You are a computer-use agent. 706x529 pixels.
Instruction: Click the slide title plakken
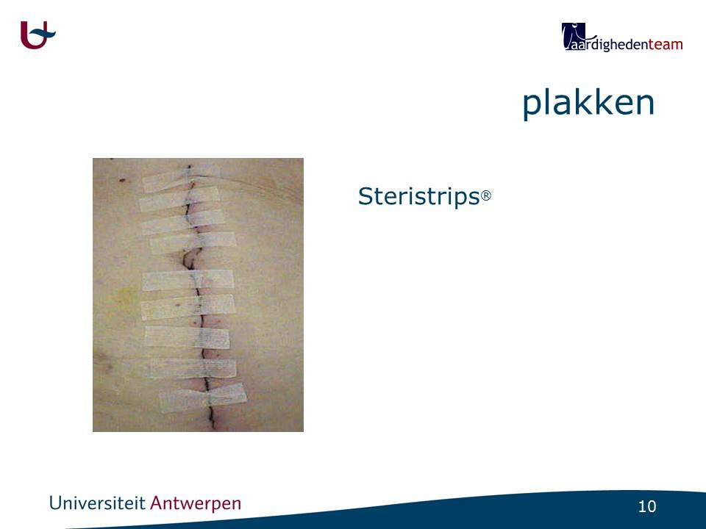(x=588, y=104)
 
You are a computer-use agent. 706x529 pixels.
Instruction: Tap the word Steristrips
(x=418, y=197)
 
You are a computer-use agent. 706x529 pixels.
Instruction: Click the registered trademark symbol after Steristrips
(x=486, y=195)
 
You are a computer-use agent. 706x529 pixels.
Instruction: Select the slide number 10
(x=647, y=506)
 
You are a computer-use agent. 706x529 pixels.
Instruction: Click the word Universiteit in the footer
(x=97, y=503)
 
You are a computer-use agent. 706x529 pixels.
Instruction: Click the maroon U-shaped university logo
(x=37, y=35)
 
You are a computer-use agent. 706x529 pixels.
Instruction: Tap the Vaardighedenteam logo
(x=622, y=37)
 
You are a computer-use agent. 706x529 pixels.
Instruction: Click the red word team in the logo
(x=666, y=45)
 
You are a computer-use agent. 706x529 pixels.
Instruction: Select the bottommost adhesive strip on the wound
(x=203, y=398)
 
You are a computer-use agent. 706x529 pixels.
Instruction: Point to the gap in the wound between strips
(x=191, y=259)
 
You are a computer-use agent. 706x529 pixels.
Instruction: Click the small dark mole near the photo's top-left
(x=122, y=180)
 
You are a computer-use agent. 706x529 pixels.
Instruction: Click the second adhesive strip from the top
(x=179, y=198)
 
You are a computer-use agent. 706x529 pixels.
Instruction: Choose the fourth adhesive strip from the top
(x=193, y=243)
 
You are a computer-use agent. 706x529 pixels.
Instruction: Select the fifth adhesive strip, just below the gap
(x=188, y=280)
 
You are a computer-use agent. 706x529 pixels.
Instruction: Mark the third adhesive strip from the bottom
(x=188, y=338)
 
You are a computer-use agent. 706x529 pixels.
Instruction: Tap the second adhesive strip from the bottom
(x=193, y=368)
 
